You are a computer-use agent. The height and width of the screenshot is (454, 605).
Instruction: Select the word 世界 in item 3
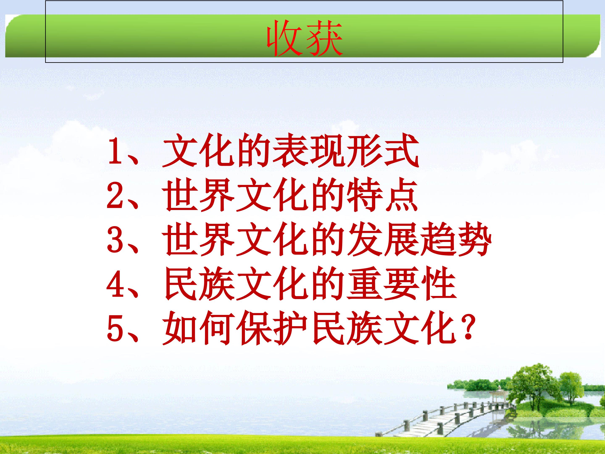[199, 240]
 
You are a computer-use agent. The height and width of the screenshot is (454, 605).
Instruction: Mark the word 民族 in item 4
[199, 285]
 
